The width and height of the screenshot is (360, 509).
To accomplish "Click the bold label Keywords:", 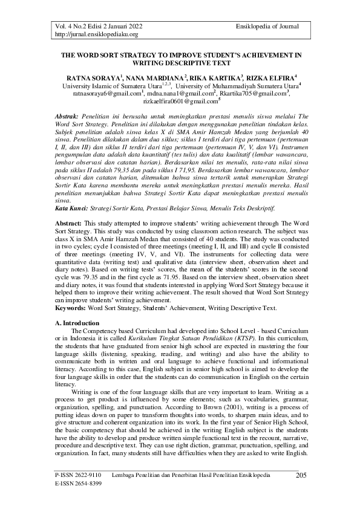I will [x=71, y=308].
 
